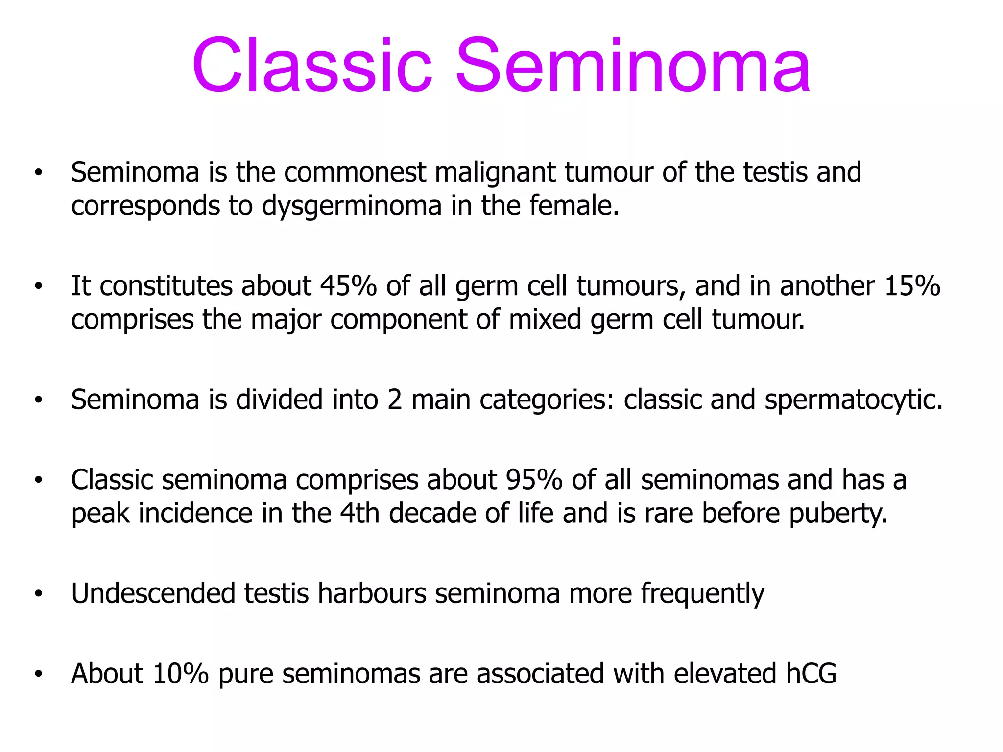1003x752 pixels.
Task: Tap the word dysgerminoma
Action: click(x=352, y=206)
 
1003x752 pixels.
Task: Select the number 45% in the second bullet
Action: click(x=348, y=286)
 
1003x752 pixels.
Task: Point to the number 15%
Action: click(x=912, y=286)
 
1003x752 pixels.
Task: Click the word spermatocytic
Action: click(x=853, y=400)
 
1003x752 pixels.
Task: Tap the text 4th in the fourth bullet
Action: click(x=359, y=514)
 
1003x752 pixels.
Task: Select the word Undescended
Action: click(x=153, y=593)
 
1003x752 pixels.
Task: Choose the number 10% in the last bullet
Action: click(x=181, y=674)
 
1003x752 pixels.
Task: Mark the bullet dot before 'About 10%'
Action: click(x=39, y=675)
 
